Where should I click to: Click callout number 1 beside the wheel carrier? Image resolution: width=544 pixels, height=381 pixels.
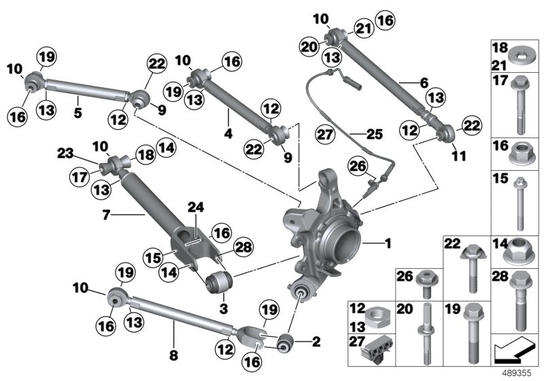point(388,242)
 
